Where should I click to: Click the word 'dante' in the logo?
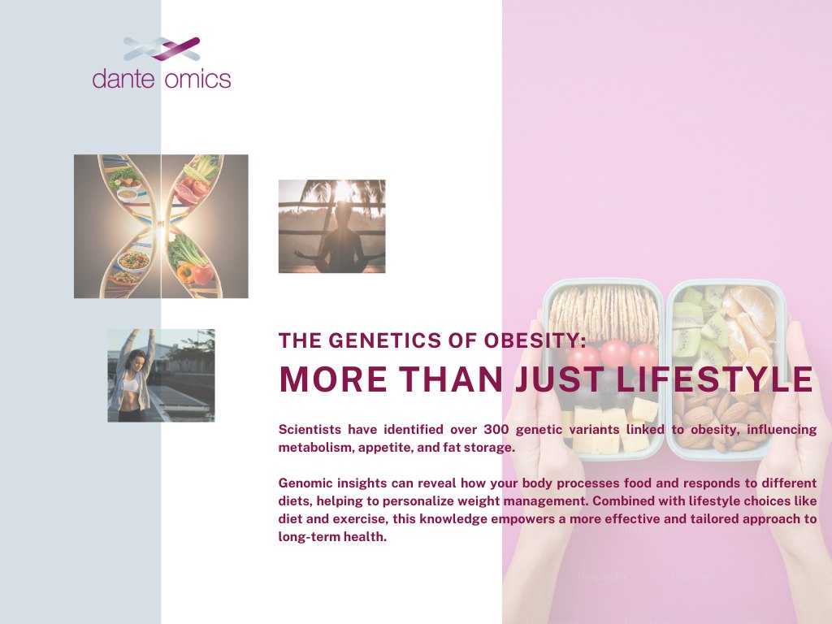click(123, 79)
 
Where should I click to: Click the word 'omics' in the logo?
click(198, 79)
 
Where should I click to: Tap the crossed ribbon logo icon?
click(162, 49)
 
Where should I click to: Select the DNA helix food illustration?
click(161, 227)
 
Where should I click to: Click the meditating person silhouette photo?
click(332, 227)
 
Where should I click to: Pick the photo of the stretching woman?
click(162, 375)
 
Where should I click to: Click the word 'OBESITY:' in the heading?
click(535, 340)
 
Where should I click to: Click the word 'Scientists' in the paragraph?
click(310, 429)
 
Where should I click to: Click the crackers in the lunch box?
click(604, 313)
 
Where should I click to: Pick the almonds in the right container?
click(722, 419)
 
